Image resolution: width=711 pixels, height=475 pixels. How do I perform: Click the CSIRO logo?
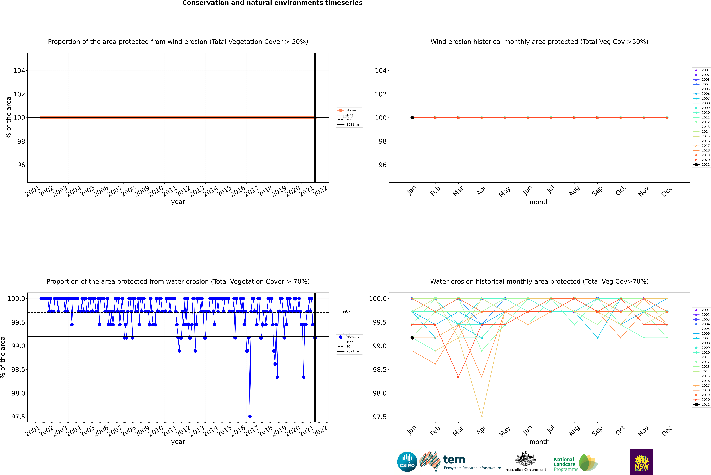click(x=407, y=462)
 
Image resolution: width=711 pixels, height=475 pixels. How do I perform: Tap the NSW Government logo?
click(x=642, y=462)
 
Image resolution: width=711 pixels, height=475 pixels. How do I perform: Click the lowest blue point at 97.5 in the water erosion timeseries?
click(x=250, y=416)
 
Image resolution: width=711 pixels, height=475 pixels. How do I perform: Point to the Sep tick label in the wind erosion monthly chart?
click(x=597, y=191)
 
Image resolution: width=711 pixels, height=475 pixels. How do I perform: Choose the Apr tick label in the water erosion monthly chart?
click(x=481, y=430)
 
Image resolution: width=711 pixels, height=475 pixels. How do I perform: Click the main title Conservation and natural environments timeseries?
click(x=272, y=3)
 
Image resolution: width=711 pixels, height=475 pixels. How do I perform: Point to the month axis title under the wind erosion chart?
click(x=539, y=202)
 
